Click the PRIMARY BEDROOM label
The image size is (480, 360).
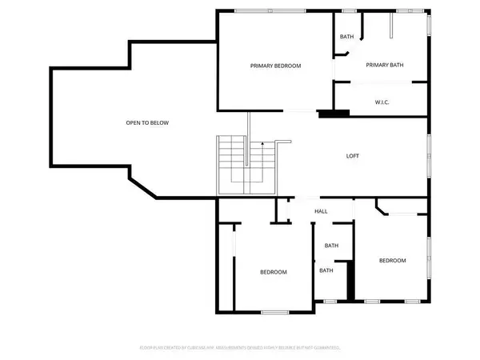275,66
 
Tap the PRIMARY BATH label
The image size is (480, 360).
382,66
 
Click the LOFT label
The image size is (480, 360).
352,156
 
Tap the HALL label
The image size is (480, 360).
321,211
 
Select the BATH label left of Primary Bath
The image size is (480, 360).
346,37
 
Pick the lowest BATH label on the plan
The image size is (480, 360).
326,270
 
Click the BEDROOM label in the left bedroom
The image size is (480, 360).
273,272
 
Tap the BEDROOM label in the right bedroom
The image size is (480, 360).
392,261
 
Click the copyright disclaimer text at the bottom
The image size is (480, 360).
240,347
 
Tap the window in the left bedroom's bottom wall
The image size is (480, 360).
274,311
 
